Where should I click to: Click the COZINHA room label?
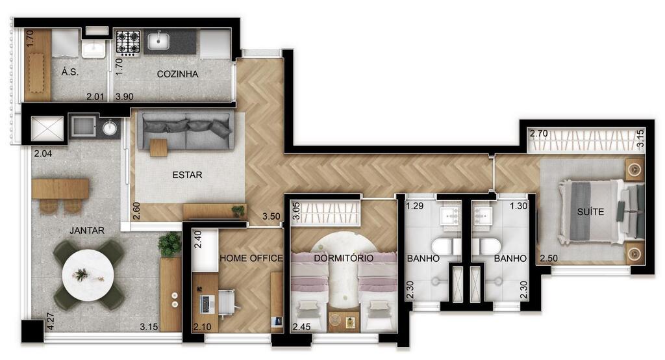[177, 74]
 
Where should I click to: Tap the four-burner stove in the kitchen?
[128, 42]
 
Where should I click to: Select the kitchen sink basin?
[158, 41]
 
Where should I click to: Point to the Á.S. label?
[70, 71]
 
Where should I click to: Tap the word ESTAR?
[187, 175]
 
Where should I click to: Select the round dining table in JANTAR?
[88, 276]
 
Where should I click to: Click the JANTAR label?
[87, 230]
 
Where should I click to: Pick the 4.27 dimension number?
[51, 321]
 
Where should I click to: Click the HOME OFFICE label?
[251, 258]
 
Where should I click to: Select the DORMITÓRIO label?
[344, 258]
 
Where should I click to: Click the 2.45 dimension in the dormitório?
[301, 327]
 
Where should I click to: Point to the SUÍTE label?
[590, 211]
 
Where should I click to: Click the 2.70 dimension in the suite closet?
[538, 133]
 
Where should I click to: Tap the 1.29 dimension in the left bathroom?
[415, 206]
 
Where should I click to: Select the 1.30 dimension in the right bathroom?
[518, 206]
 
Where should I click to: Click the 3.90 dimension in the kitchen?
[124, 96]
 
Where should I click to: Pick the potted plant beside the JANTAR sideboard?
[169, 244]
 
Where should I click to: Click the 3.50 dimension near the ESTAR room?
[271, 216]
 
